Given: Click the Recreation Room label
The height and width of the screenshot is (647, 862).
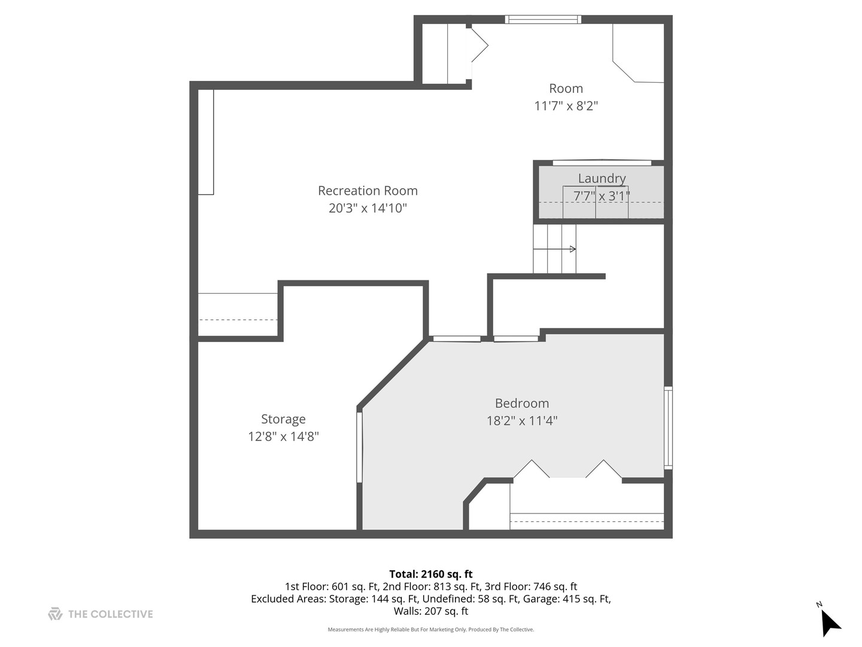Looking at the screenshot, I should click(368, 191).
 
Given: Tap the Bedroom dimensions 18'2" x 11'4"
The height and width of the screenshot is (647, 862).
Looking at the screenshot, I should click(521, 421).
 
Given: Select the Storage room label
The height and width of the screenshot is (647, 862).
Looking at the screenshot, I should click(283, 419).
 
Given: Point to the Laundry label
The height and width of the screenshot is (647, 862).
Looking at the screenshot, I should click(602, 178).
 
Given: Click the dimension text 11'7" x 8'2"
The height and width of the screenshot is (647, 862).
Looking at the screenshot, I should click(566, 106).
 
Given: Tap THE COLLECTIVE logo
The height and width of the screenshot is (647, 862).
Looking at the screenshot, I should click(101, 614).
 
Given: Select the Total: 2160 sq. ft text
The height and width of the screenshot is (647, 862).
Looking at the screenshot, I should click(430, 574).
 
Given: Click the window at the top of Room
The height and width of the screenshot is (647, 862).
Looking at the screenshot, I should click(543, 19).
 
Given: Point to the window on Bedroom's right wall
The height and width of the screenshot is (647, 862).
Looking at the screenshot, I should click(668, 427).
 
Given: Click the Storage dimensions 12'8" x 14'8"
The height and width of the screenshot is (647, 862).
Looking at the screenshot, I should click(283, 436).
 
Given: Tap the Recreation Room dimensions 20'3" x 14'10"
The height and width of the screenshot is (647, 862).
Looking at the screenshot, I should click(368, 208).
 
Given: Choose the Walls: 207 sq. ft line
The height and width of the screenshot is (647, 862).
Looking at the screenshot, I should click(430, 611).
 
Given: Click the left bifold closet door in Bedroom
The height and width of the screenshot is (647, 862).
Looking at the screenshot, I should click(531, 469).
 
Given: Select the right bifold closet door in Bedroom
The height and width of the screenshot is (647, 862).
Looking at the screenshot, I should click(603, 469).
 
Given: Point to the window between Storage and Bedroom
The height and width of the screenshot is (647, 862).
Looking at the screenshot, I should click(359, 446).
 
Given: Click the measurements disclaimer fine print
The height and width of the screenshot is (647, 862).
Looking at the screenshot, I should click(430, 630).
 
